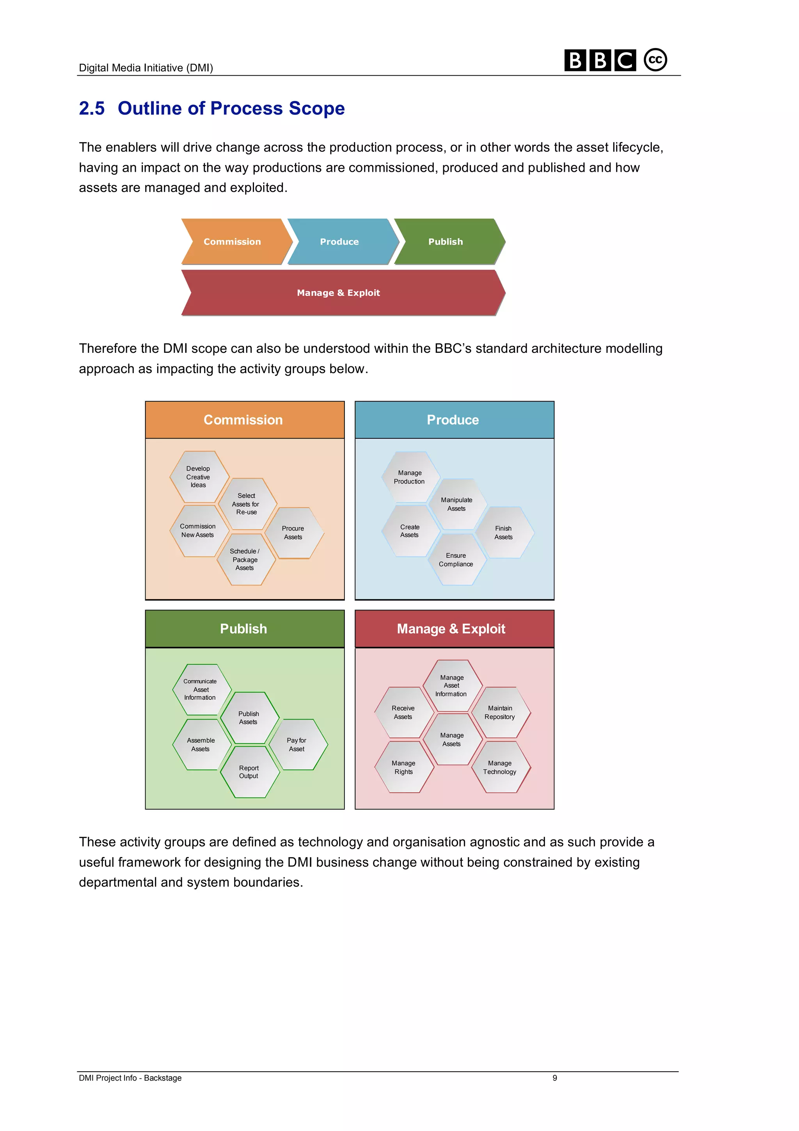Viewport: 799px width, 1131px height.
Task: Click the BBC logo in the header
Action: (600, 60)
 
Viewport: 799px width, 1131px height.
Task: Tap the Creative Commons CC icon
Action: (655, 60)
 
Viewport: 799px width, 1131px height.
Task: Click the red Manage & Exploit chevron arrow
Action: (343, 293)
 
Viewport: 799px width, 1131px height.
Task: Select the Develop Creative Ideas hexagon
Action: (199, 477)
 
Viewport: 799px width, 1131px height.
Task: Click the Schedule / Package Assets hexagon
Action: (246, 560)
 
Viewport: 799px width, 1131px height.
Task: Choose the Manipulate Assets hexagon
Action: (457, 504)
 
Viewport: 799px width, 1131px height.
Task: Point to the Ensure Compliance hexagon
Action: (457, 560)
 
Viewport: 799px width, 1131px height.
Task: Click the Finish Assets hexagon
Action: (504, 532)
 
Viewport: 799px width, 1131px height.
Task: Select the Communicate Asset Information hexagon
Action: (202, 690)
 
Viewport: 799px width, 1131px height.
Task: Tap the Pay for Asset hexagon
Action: (298, 744)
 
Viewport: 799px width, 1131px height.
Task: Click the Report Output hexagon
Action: (250, 772)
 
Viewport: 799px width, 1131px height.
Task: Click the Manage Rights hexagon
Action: (404, 767)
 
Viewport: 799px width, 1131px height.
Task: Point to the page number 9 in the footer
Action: (555, 1078)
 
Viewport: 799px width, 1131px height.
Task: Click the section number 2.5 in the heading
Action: (92, 108)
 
